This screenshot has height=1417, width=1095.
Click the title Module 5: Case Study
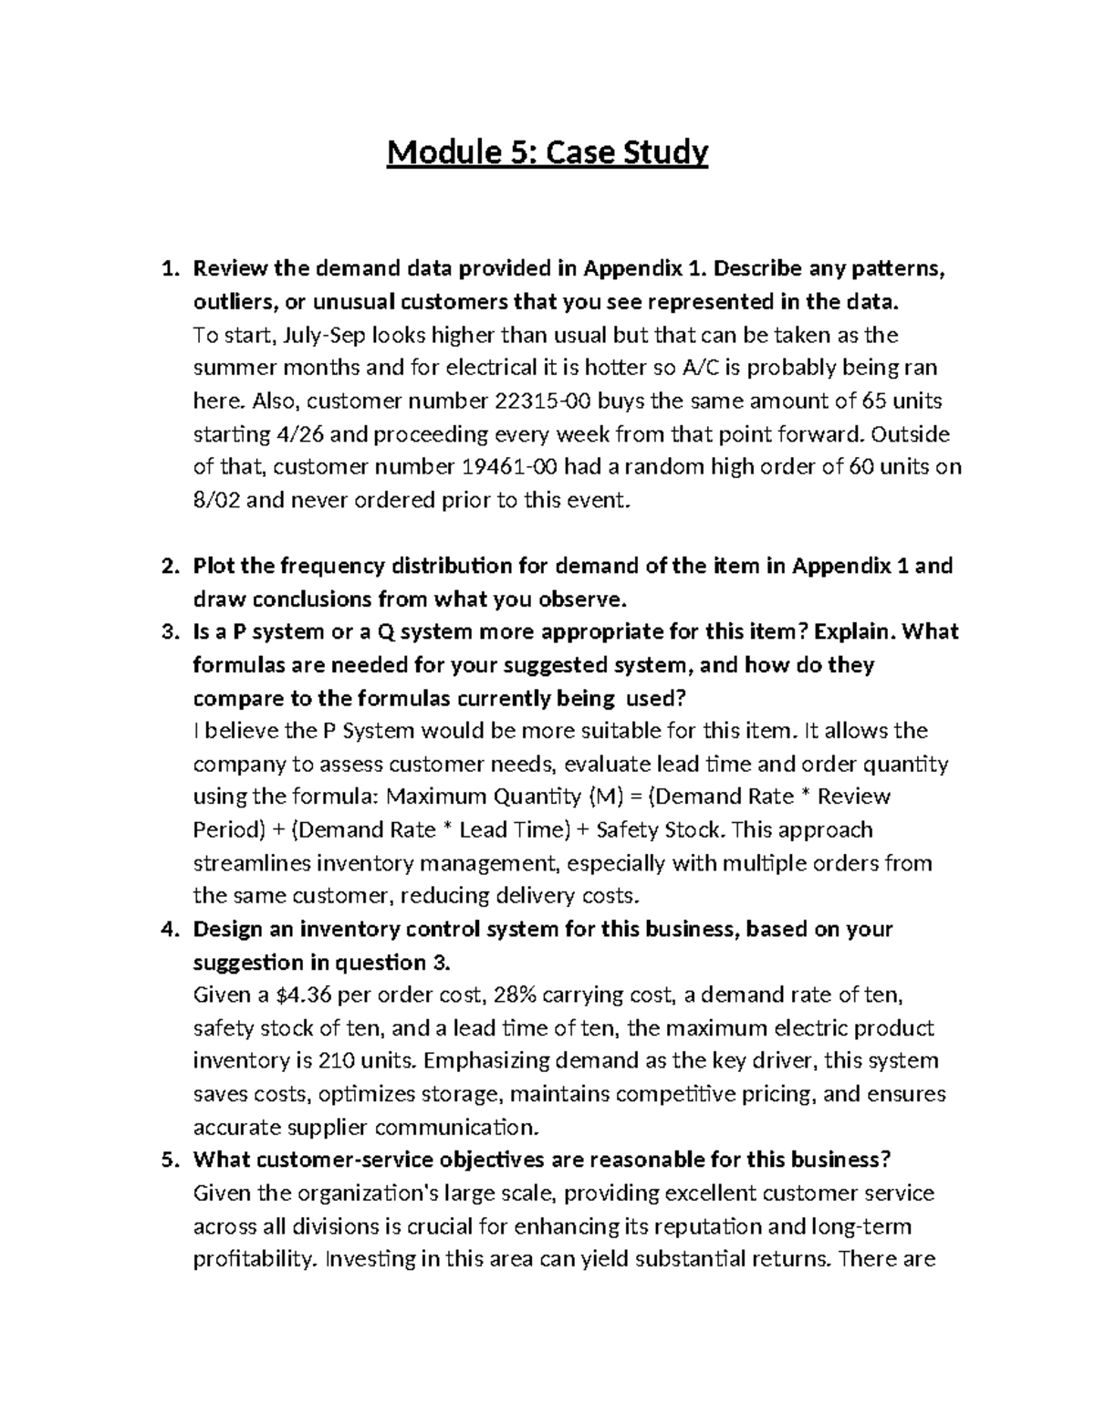point(547,152)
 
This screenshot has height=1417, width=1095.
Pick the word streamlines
point(247,863)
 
